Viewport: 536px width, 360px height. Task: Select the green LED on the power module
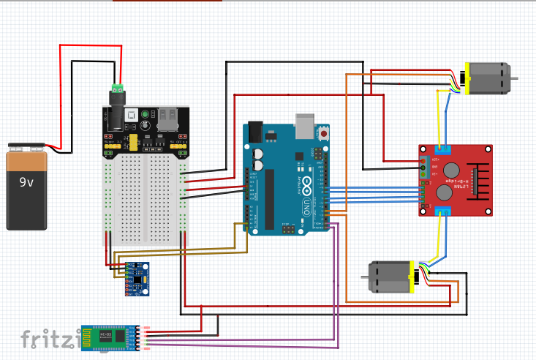145,114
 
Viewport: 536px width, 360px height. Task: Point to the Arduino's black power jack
254,131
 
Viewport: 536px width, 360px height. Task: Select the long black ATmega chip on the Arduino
269,198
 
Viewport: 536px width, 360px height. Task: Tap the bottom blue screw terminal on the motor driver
443,211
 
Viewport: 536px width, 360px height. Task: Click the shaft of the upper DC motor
515,78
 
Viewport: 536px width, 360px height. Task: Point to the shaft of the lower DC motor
363,277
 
